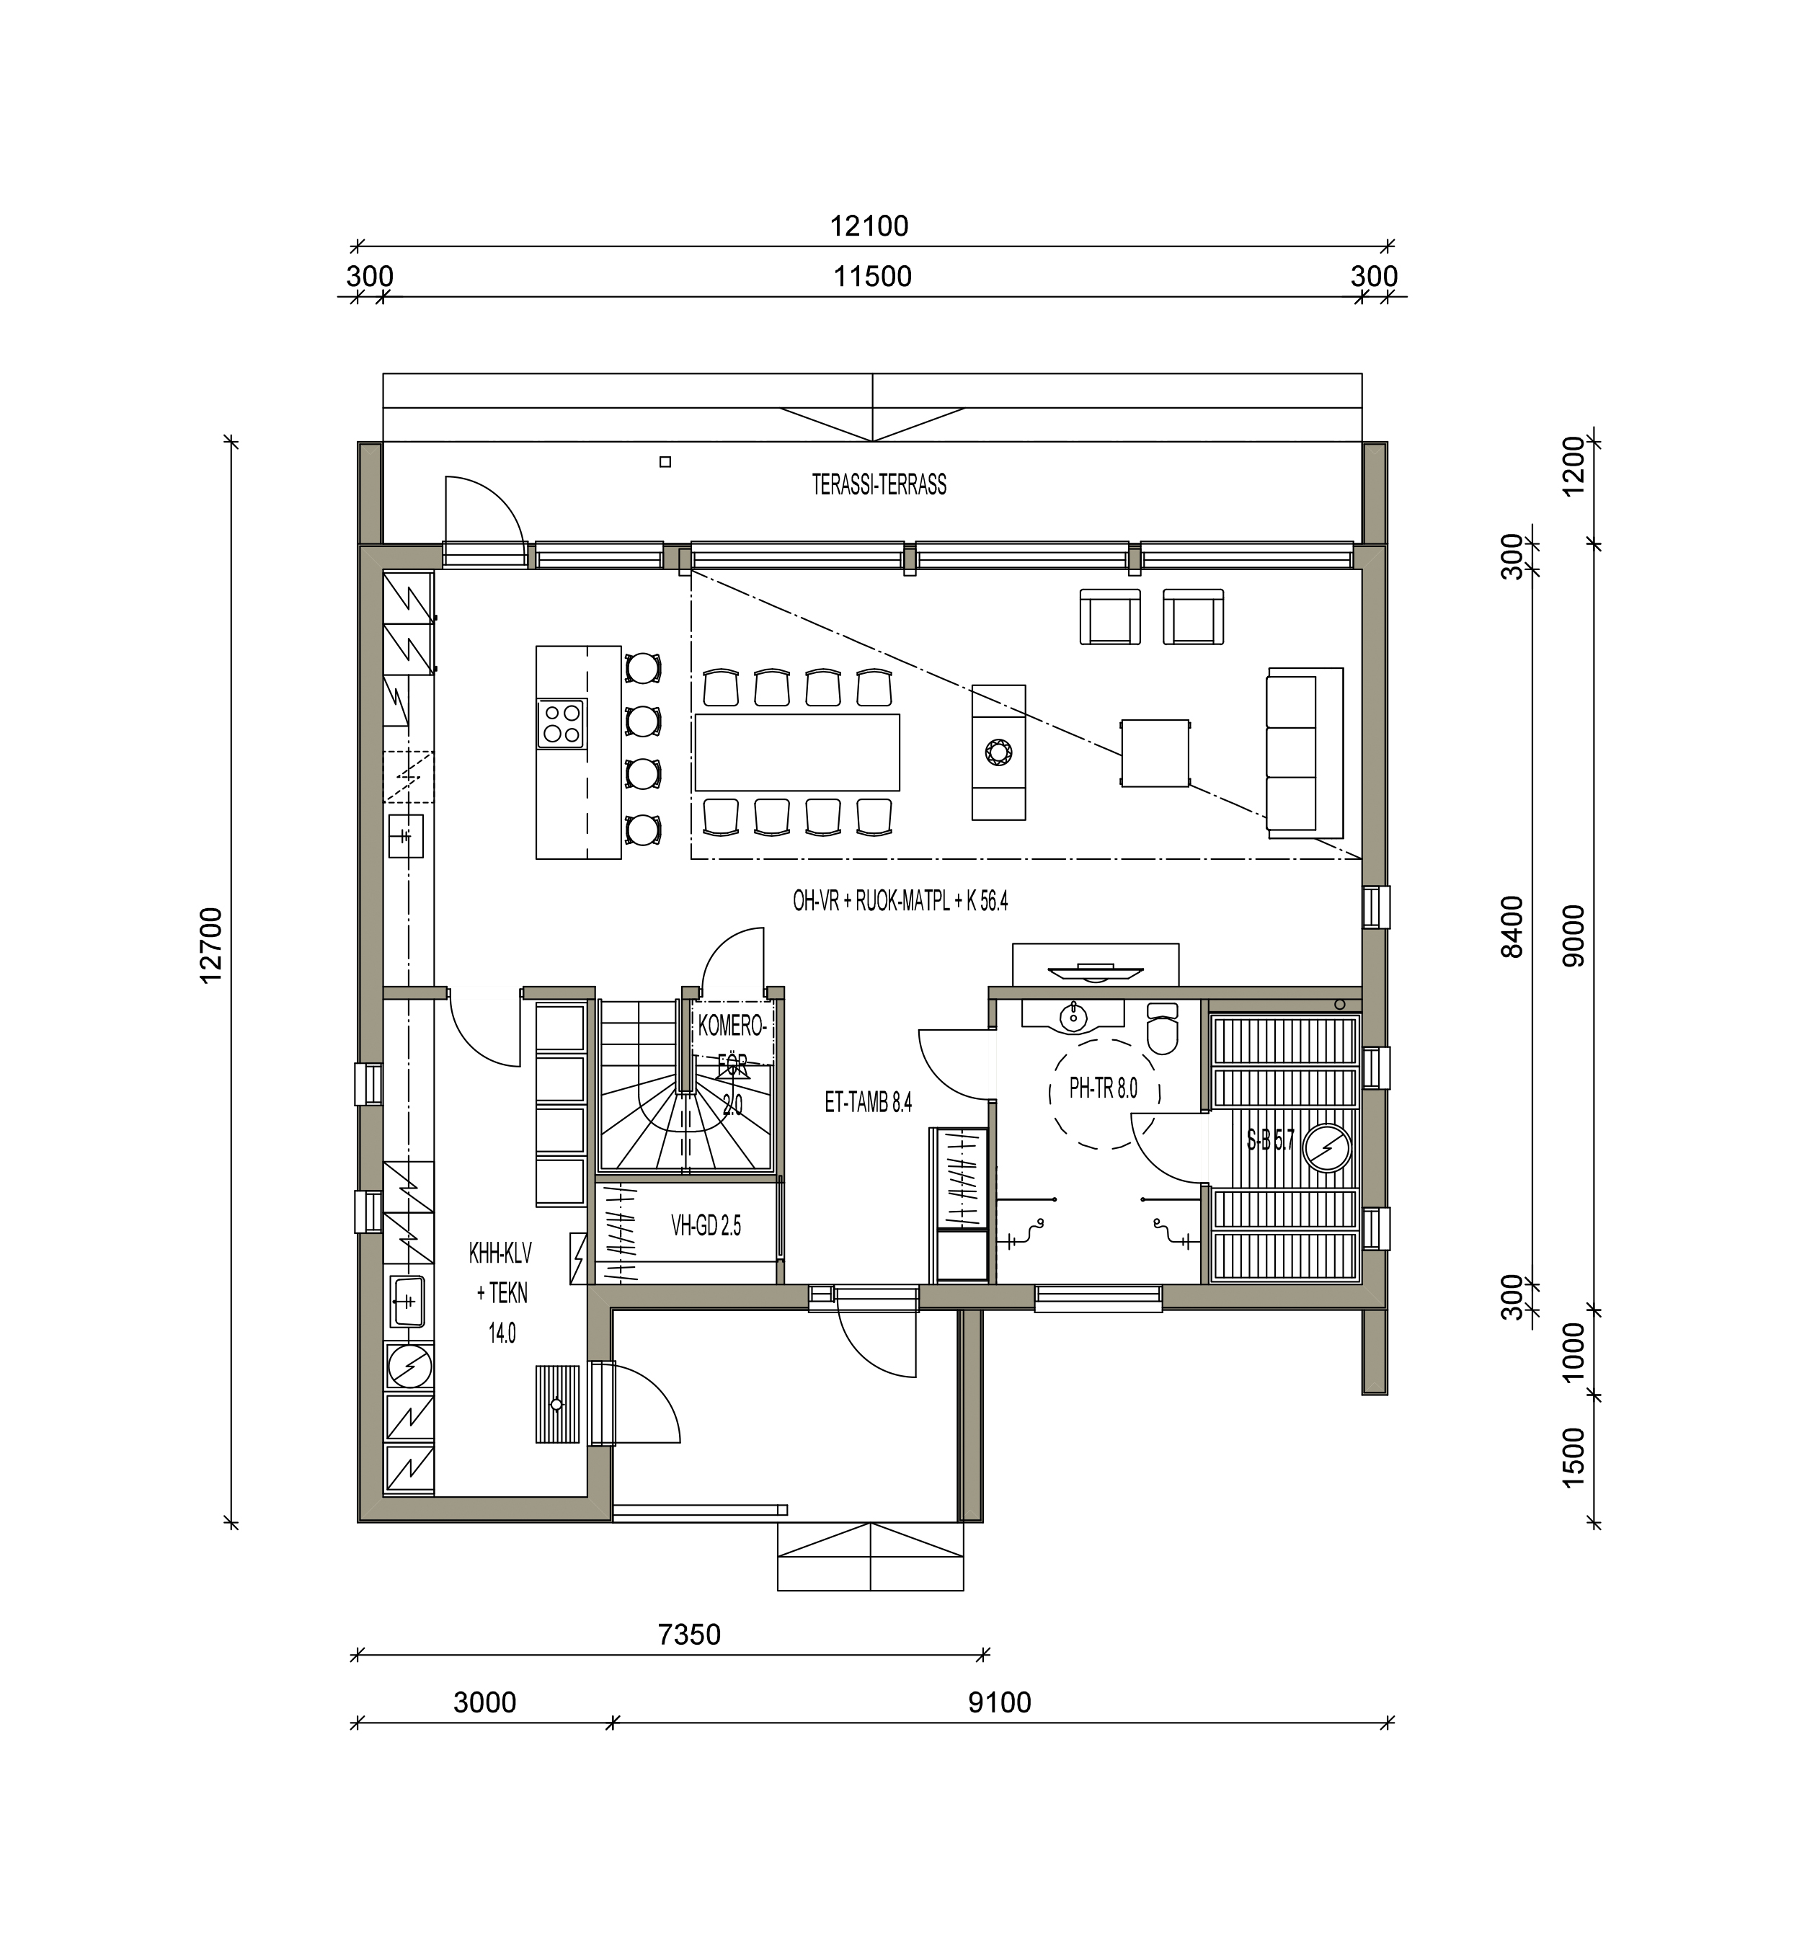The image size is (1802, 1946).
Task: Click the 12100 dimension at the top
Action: [869, 226]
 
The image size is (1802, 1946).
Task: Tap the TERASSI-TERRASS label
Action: [879, 484]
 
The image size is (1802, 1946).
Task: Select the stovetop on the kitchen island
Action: [561, 724]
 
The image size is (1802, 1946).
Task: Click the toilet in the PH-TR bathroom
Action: [1163, 1028]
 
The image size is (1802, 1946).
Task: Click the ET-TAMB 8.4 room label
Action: [868, 1103]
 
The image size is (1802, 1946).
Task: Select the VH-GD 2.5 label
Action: [705, 1225]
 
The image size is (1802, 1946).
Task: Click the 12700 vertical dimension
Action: [210, 946]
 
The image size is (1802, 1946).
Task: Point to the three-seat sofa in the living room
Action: [1305, 752]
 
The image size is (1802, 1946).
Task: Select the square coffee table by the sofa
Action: [1155, 752]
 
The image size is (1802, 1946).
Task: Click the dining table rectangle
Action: [796, 752]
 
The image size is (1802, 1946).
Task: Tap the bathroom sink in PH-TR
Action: [1073, 1017]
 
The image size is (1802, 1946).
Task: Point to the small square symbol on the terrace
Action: [665, 462]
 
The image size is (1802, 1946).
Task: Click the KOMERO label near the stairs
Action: [730, 1026]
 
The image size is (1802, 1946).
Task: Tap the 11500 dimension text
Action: [873, 277]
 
